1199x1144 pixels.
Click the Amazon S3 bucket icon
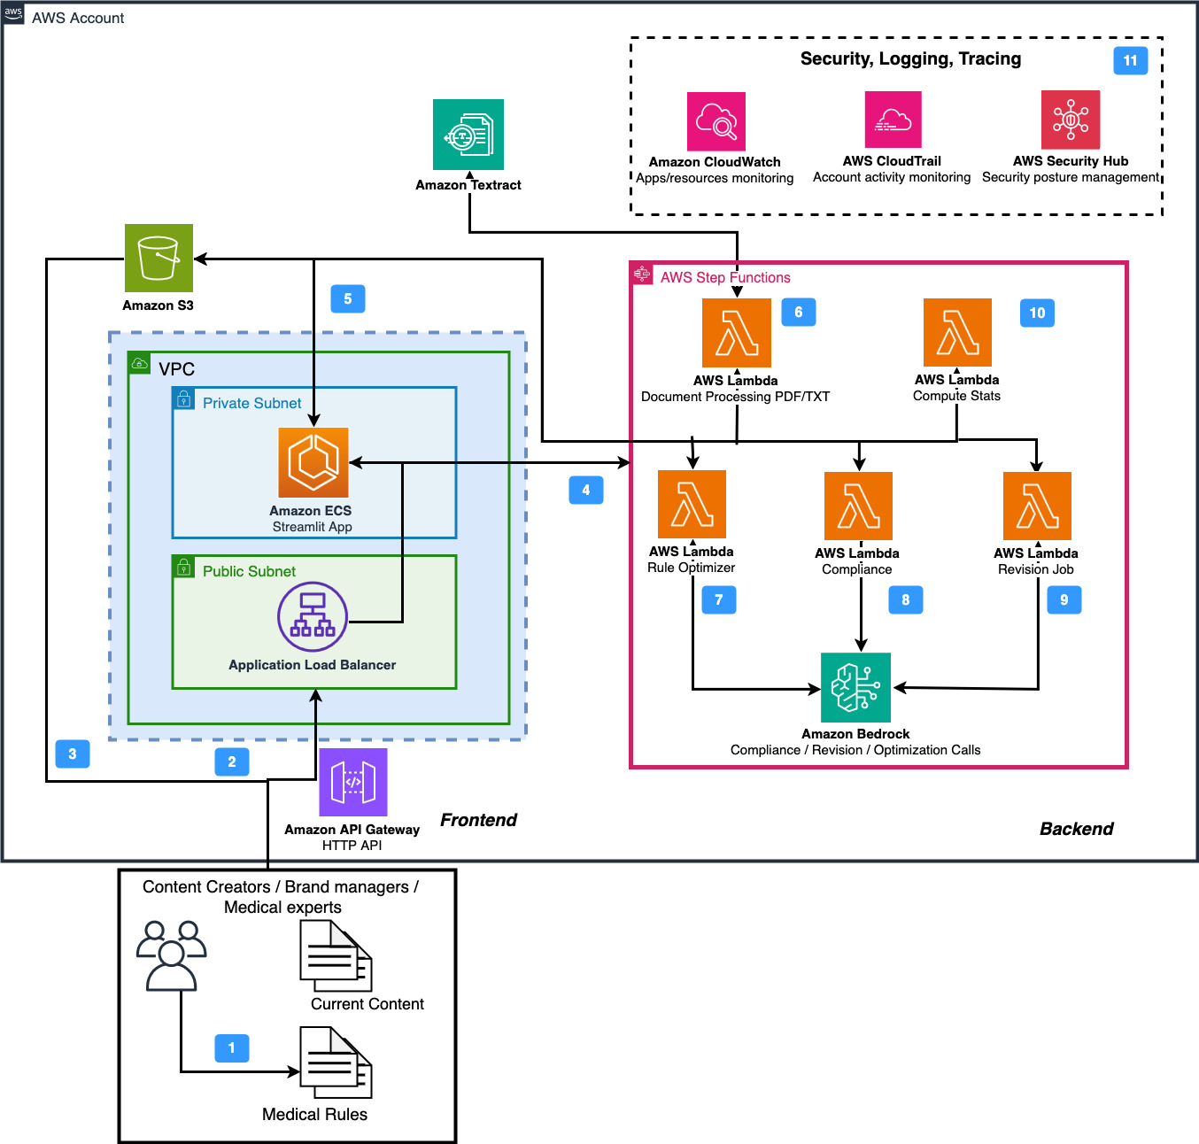159,258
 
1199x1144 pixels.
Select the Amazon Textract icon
468,135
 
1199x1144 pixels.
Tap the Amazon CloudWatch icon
716,121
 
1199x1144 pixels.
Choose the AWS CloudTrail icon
893,120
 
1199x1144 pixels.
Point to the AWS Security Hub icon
1071,120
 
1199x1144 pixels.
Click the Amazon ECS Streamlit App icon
313,462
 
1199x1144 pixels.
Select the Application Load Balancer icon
313,616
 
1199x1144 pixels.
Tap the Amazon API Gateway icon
353,782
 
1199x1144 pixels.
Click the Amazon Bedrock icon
855,688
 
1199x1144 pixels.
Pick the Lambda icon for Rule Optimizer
692,505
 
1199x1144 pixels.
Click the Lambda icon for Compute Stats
957,332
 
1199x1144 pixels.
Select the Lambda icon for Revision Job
1037,506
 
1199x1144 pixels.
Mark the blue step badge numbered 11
1130,60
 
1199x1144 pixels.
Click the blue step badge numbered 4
585,490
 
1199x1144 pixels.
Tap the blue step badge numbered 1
232,1048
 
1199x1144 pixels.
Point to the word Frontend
478,820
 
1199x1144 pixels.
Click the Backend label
1076,829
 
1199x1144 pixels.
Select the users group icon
171,955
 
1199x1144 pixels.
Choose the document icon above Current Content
335,955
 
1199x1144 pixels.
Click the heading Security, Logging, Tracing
910,59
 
